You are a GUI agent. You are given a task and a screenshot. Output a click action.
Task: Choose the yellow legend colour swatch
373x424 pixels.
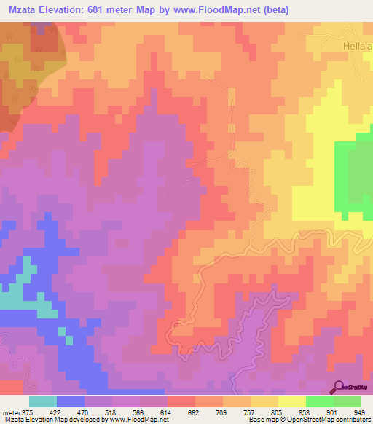tap(291, 401)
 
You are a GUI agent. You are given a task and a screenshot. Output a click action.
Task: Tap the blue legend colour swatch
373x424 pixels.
tap(70, 401)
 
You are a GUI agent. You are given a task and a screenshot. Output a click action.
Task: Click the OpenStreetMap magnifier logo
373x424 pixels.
tap(339, 387)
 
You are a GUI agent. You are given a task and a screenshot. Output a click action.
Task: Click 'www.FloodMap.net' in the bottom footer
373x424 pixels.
tap(144, 420)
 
